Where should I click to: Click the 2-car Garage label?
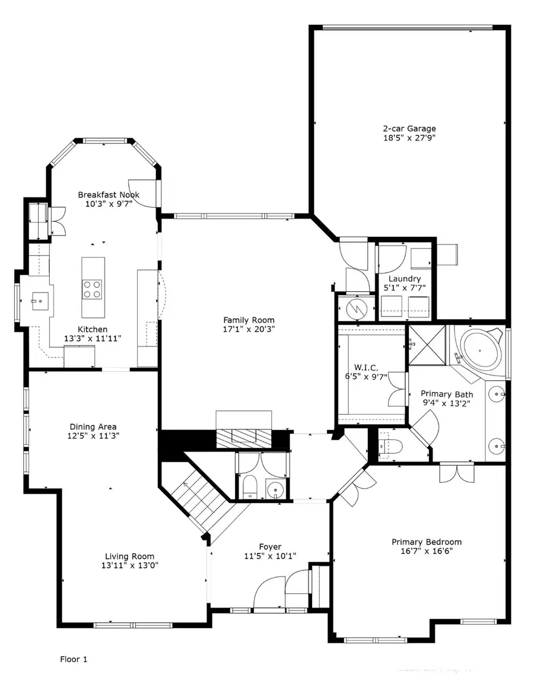(x=409, y=128)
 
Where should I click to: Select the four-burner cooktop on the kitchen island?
(x=91, y=289)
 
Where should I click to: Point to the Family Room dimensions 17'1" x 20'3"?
(x=248, y=329)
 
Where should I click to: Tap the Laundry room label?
(x=405, y=278)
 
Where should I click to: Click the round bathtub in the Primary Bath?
(x=481, y=349)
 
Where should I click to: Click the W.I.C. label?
(x=370, y=366)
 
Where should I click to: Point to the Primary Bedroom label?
(x=426, y=542)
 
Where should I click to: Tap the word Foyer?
(x=270, y=546)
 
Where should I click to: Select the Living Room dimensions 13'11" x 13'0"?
(x=130, y=565)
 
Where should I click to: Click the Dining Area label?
(x=93, y=427)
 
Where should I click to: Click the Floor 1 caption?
(x=74, y=658)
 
